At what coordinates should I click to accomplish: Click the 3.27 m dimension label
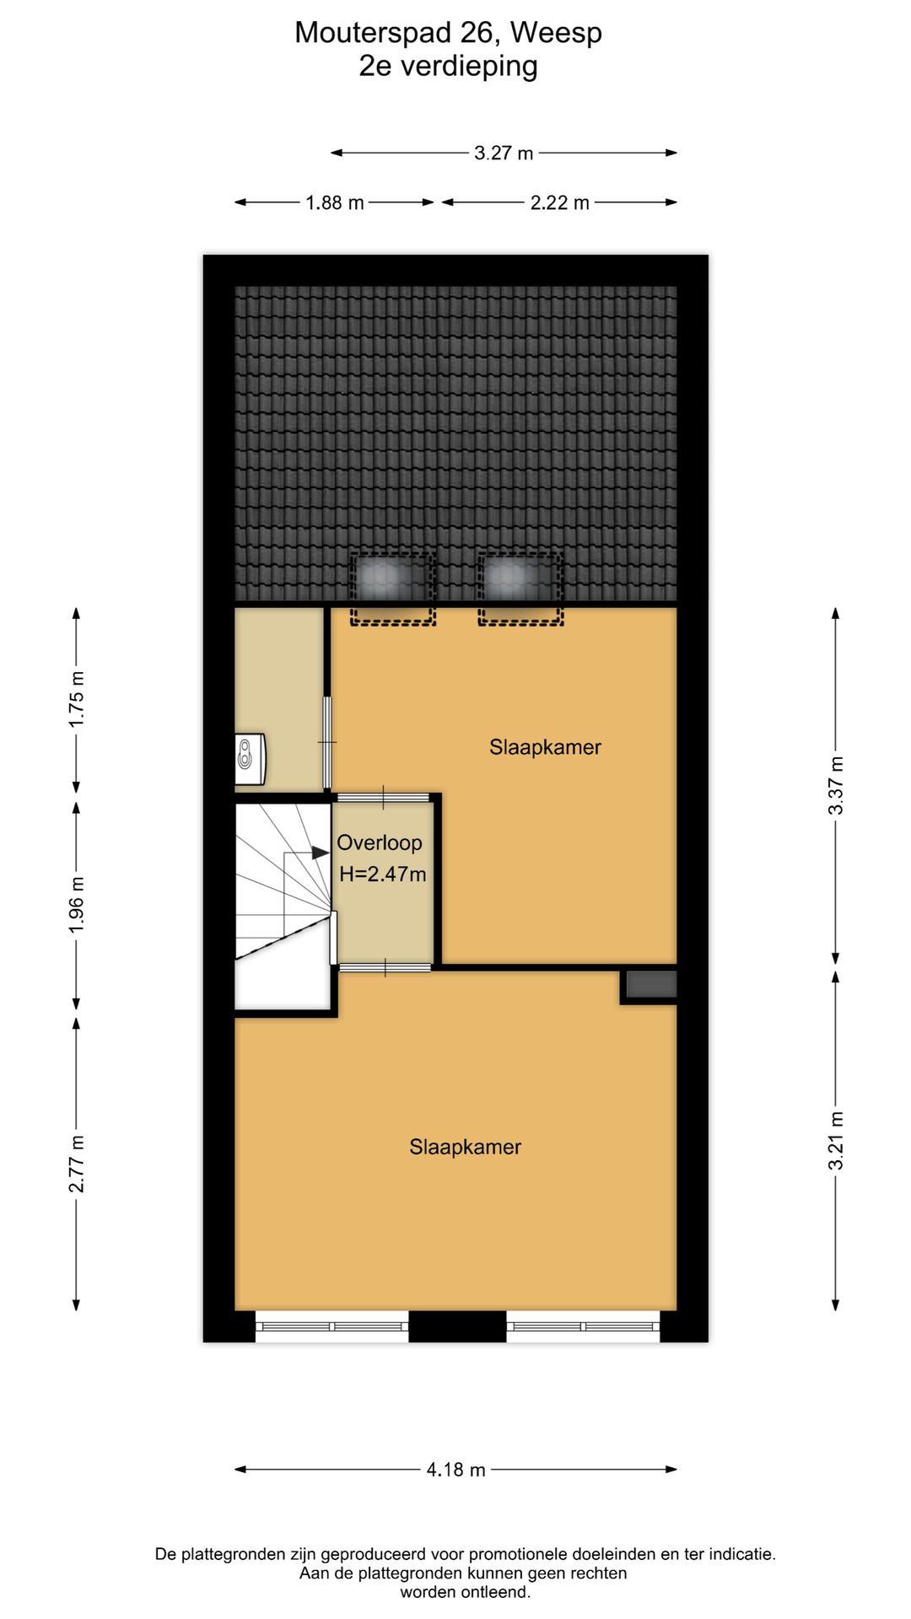coord(504,153)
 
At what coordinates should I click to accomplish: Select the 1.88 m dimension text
coord(335,202)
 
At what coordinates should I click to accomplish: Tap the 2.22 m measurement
coord(559,202)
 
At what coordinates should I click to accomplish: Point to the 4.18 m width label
coord(455,1470)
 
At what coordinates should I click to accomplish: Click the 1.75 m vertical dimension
coord(77,699)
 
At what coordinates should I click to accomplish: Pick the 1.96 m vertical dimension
coord(77,905)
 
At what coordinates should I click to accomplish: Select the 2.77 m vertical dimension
coord(77,1164)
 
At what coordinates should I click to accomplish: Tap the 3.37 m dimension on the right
coord(835,785)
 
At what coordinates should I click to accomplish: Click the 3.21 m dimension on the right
coord(835,1141)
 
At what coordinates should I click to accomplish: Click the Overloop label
coord(380,842)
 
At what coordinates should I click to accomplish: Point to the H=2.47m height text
coord(383,874)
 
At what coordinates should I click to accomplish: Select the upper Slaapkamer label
coord(545,747)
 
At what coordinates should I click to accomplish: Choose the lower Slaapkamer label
coord(465,1147)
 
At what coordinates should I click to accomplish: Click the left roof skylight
coord(392,588)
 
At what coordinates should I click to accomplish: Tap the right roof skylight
coord(520,588)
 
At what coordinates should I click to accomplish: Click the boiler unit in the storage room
coord(250,759)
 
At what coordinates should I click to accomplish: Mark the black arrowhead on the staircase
coord(321,853)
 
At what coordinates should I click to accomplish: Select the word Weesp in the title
coord(556,33)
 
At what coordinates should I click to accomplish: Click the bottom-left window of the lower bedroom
coord(332,1326)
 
